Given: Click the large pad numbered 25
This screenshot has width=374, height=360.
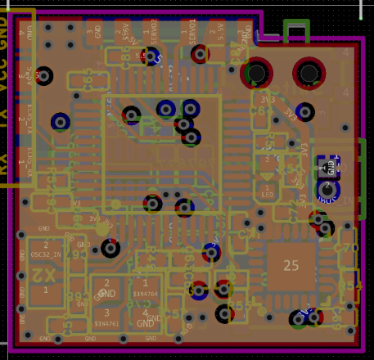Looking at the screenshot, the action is click(x=291, y=265).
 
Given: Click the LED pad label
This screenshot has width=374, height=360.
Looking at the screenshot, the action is click(x=267, y=196).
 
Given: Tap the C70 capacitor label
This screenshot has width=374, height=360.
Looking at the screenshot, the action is click(x=348, y=248).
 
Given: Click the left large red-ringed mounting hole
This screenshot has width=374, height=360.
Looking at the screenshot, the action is click(x=257, y=74).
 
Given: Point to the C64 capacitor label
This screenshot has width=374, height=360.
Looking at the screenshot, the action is click(x=350, y=286).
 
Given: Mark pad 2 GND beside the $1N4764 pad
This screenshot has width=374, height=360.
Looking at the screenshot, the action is click(x=106, y=288).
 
